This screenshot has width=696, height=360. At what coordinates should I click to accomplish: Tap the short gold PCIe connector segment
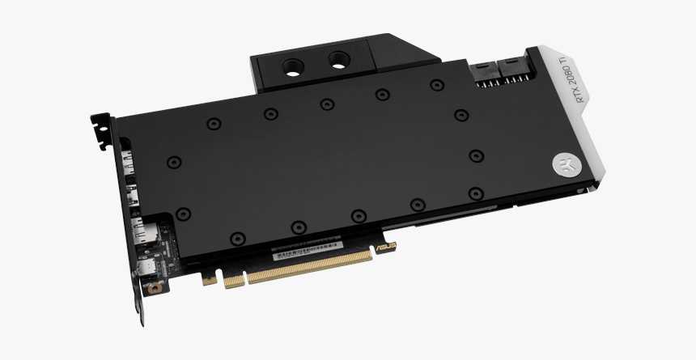232,278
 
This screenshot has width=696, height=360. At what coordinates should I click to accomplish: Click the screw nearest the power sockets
461,115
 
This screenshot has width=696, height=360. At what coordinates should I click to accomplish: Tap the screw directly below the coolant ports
326,104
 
